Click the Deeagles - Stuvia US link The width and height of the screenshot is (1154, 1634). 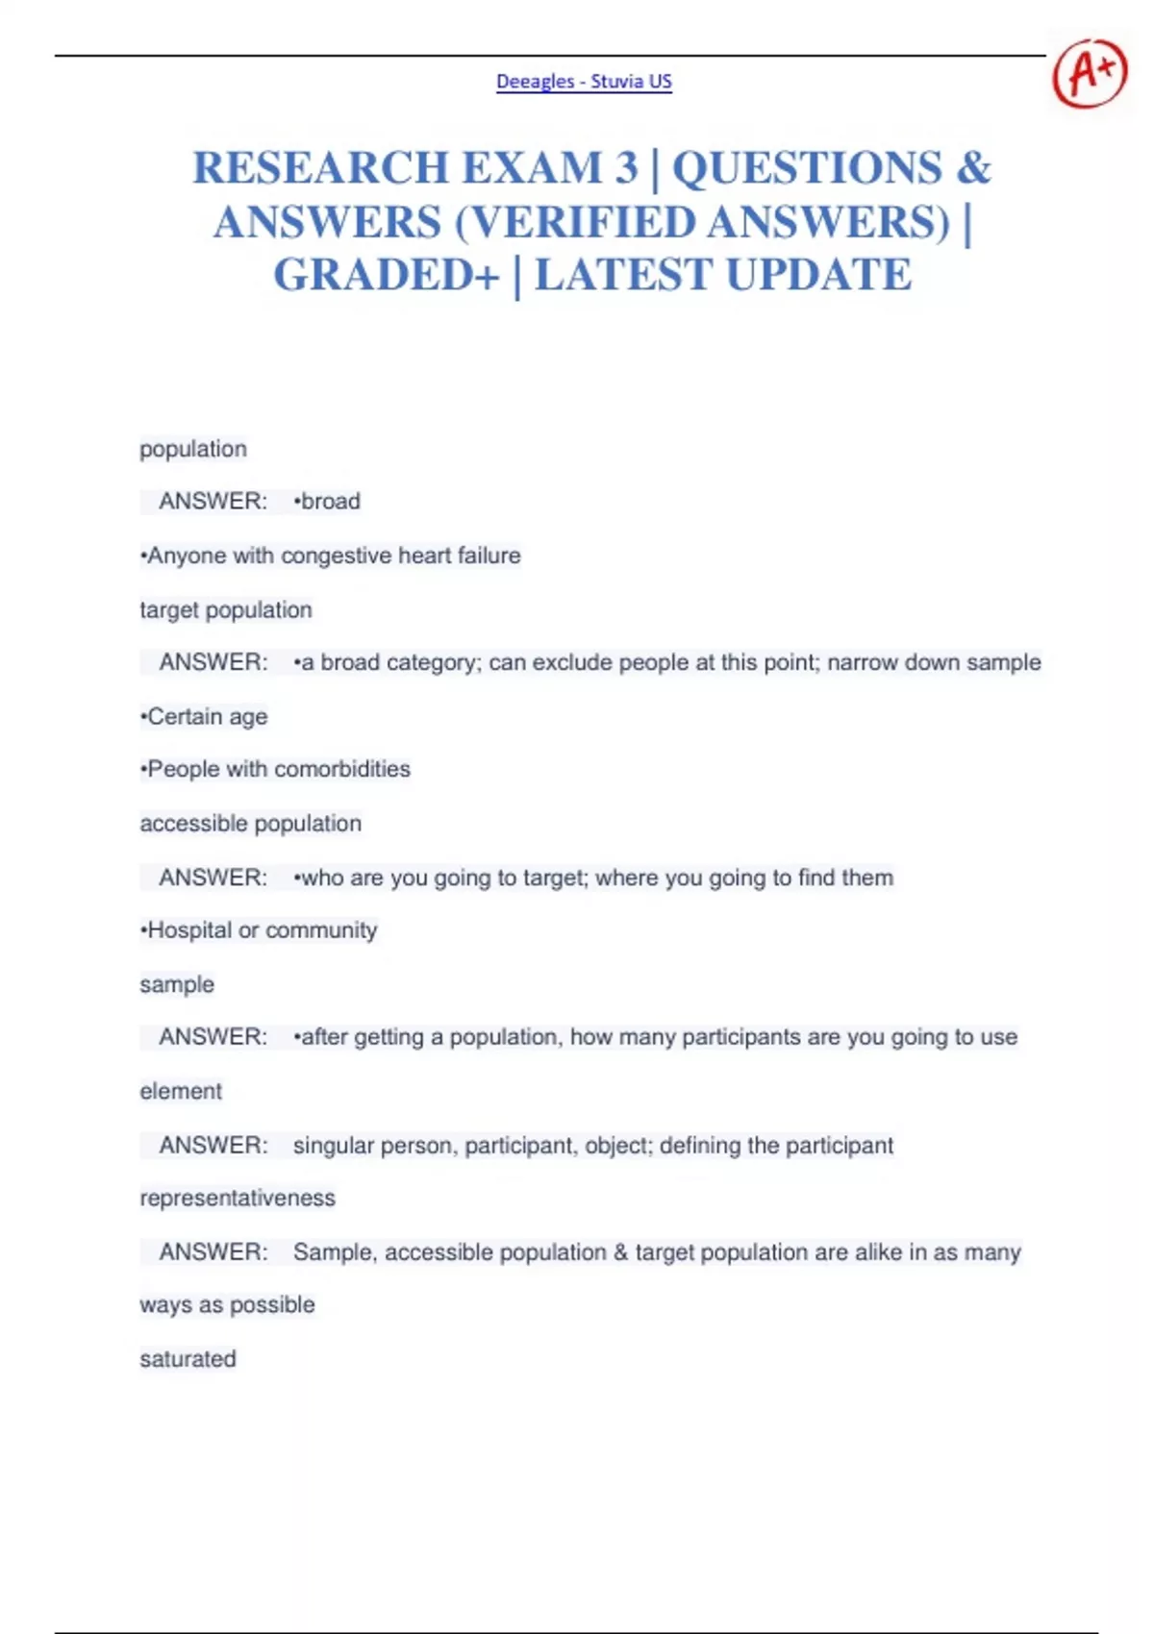[x=584, y=82]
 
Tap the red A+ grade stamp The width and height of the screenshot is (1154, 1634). [x=1089, y=72]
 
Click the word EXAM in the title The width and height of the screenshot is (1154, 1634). [x=529, y=168]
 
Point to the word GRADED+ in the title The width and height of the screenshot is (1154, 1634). [x=387, y=275]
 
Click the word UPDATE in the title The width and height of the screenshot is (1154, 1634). [x=818, y=275]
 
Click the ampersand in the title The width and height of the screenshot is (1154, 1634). [x=973, y=168]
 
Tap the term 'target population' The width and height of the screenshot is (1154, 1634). [x=226, y=609]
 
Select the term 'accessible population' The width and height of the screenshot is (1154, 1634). [x=250, y=823]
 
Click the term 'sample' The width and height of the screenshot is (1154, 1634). [x=177, y=984]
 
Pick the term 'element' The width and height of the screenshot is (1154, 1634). [x=181, y=1091]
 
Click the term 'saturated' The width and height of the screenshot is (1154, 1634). [x=188, y=1358]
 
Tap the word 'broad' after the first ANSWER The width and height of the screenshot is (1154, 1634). [x=330, y=501]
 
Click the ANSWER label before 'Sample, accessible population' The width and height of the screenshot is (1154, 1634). [x=213, y=1251]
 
